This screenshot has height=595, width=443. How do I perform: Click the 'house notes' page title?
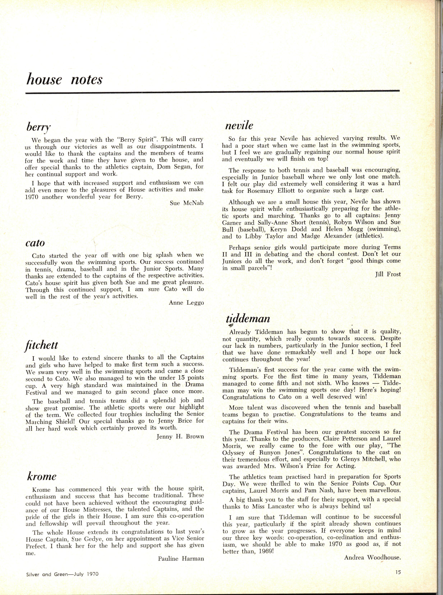tap(64, 80)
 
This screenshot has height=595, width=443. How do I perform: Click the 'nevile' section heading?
tap(239, 125)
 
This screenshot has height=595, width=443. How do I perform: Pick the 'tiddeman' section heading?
tap(248, 319)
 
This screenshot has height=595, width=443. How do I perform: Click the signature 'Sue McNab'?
tap(187, 203)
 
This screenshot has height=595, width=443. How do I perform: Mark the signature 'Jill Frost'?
tap(388, 274)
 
